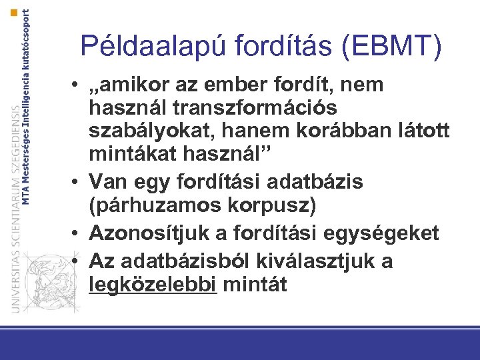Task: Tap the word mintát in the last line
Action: [x=255, y=285]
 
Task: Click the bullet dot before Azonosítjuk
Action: [x=78, y=233]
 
